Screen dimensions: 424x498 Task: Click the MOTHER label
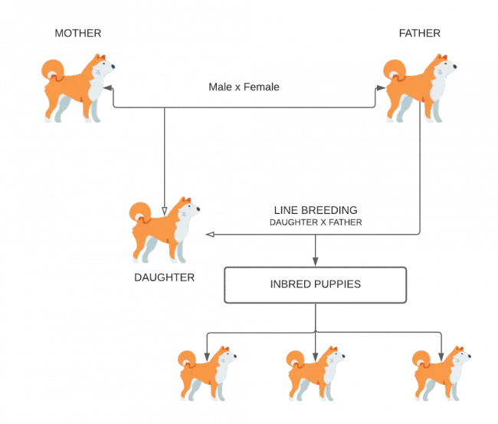pyautogui.click(x=78, y=33)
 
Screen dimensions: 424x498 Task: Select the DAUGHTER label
pyautogui.click(x=163, y=277)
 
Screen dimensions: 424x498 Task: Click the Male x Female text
pyautogui.click(x=244, y=87)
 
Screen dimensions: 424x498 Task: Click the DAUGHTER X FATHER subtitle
pyautogui.click(x=316, y=222)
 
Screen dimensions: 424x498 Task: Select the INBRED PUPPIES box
pyautogui.click(x=315, y=284)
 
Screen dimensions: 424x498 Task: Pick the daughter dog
pyautogui.click(x=164, y=229)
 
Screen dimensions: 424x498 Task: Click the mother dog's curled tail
pyautogui.click(x=52, y=71)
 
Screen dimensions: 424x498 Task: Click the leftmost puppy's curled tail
pyautogui.click(x=185, y=359)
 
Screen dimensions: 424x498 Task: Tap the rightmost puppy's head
pyautogui.click(x=458, y=354)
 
